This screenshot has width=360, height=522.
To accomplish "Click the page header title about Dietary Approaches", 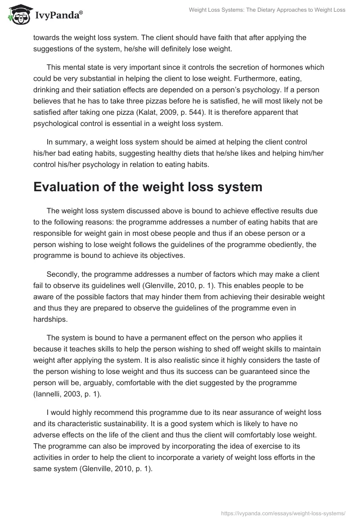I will click(267, 10).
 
